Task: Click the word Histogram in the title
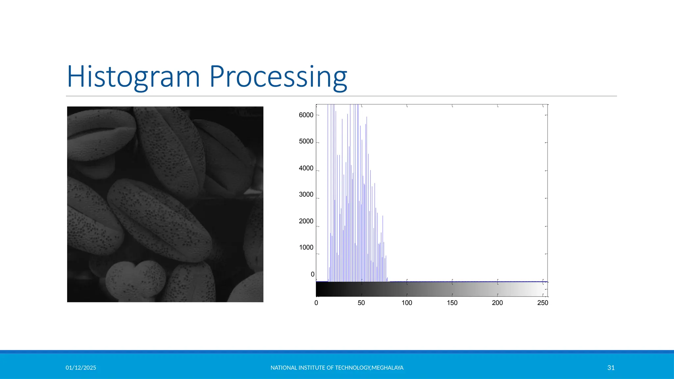tap(133, 77)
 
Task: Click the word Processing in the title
tap(278, 77)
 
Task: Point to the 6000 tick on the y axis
tap(306, 115)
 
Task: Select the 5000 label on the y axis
tap(306, 141)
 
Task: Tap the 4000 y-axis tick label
tap(306, 168)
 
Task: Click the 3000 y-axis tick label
tap(306, 194)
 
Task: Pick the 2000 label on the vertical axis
tap(306, 221)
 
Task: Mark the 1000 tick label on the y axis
tap(306, 247)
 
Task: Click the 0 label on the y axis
tap(312, 274)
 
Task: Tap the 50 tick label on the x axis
tap(361, 303)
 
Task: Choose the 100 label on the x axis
tap(407, 303)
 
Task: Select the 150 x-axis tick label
tap(452, 303)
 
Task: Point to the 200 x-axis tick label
tap(497, 303)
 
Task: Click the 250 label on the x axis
tap(542, 303)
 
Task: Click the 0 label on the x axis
tap(316, 303)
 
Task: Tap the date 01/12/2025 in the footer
tap(81, 368)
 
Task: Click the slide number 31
tap(611, 368)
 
